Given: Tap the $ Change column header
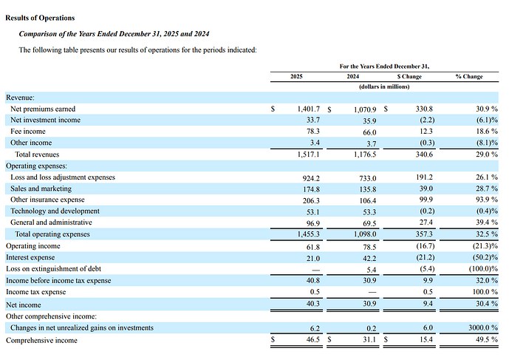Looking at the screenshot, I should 409,77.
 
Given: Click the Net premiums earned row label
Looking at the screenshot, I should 43,109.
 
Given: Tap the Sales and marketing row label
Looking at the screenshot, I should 42,189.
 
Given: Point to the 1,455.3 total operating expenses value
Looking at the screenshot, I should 308,234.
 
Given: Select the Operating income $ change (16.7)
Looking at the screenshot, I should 426,245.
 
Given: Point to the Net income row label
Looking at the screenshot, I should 23,304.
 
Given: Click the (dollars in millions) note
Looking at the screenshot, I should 383,87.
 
